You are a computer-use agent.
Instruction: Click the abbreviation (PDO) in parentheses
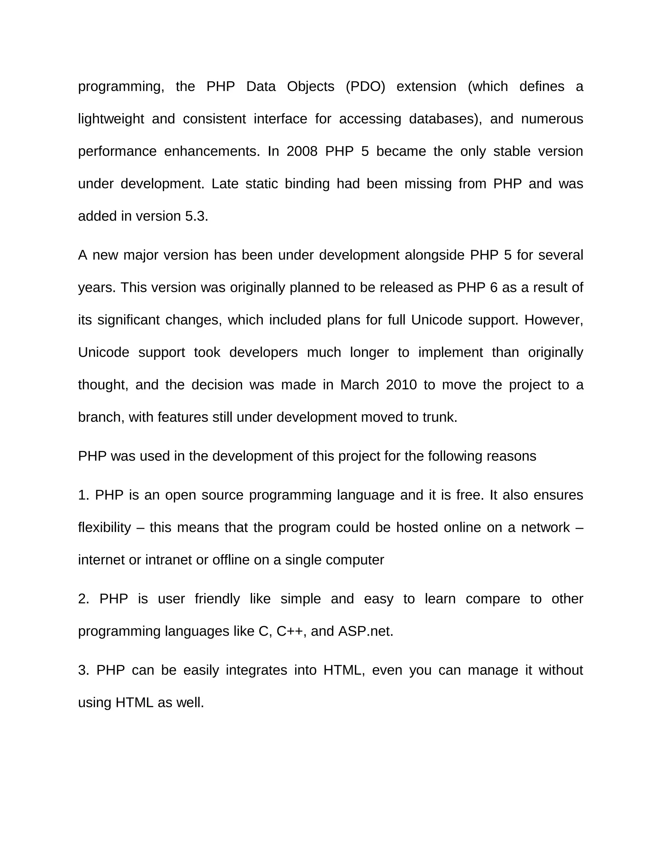tap(365, 87)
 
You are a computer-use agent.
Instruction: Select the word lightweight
tap(111, 119)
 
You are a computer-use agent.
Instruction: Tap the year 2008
tap(302, 151)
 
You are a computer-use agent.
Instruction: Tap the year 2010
tap(401, 385)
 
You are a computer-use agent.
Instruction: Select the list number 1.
tap(83, 495)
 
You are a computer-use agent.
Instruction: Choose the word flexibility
tap(104, 527)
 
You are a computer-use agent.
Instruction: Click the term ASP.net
tap(365, 632)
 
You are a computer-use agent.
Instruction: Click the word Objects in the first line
tap(310, 87)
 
